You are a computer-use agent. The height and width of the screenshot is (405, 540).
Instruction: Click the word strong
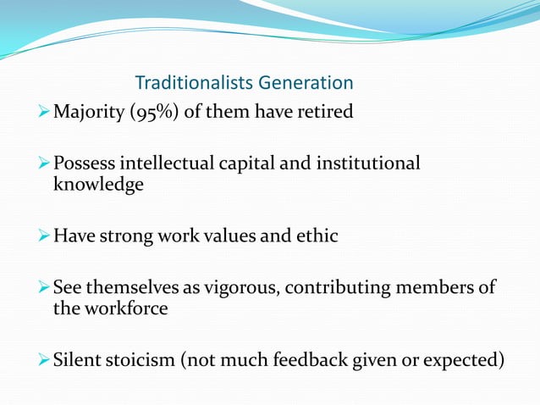point(125,236)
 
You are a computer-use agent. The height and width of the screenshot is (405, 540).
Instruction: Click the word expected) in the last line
point(466,361)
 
